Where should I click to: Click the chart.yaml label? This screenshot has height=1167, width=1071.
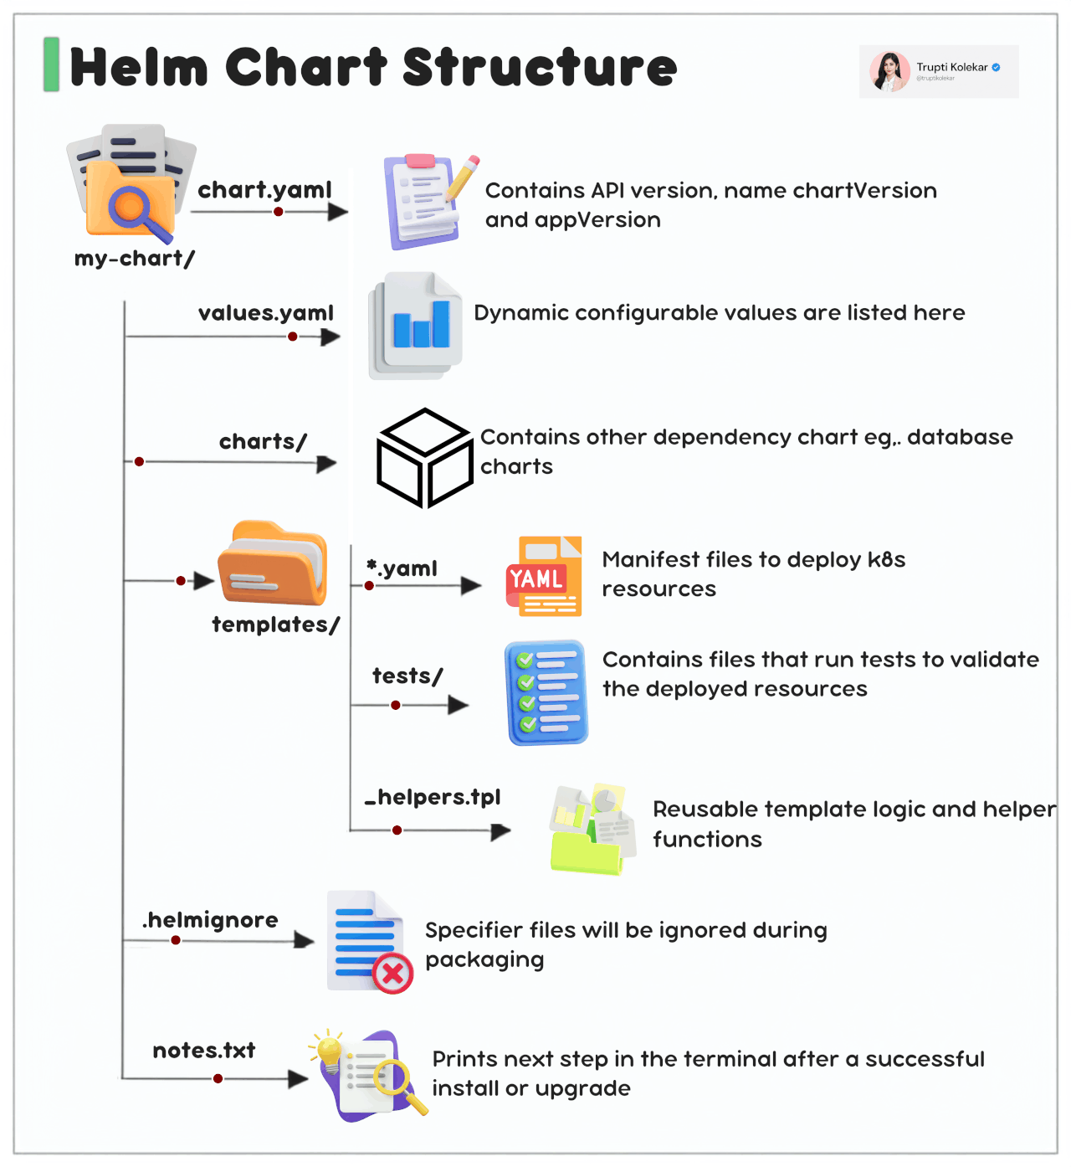pos(264,190)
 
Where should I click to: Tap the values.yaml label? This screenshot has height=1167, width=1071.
pos(266,313)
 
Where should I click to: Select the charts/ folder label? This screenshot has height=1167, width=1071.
pos(263,442)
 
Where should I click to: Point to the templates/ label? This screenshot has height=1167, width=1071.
pos(275,625)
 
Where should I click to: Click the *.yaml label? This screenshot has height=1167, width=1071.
pos(402,568)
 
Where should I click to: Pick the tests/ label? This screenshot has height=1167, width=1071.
pos(407,676)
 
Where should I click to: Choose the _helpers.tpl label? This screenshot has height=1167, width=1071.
pos(433,797)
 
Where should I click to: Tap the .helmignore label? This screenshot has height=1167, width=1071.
pos(211,920)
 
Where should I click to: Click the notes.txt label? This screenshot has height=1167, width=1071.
pos(204,1050)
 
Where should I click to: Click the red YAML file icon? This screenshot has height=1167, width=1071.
pos(544,576)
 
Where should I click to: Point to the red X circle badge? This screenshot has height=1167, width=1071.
pos(392,973)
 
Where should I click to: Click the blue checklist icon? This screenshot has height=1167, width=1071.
pos(546,692)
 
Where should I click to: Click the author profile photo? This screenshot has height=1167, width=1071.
pos(889,71)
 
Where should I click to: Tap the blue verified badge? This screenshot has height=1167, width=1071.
pos(996,68)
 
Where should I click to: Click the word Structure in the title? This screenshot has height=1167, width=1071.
pos(540,68)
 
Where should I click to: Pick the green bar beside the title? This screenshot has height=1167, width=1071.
pos(51,64)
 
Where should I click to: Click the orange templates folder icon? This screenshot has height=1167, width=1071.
pos(272,563)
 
